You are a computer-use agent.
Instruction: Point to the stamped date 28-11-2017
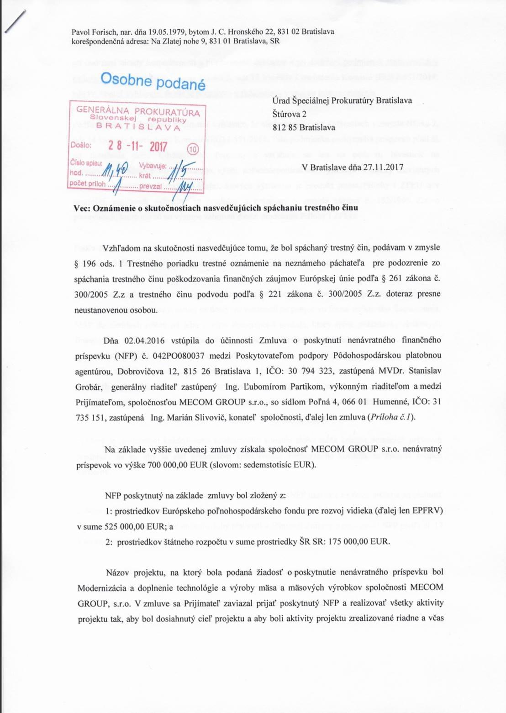click(137, 146)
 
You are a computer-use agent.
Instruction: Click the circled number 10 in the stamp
click(193, 149)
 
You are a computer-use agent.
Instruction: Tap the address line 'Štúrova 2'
click(289, 114)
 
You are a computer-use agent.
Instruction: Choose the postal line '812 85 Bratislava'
click(303, 127)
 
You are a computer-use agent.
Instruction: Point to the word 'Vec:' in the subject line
click(82, 208)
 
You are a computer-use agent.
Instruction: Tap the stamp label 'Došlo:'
click(81, 145)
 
